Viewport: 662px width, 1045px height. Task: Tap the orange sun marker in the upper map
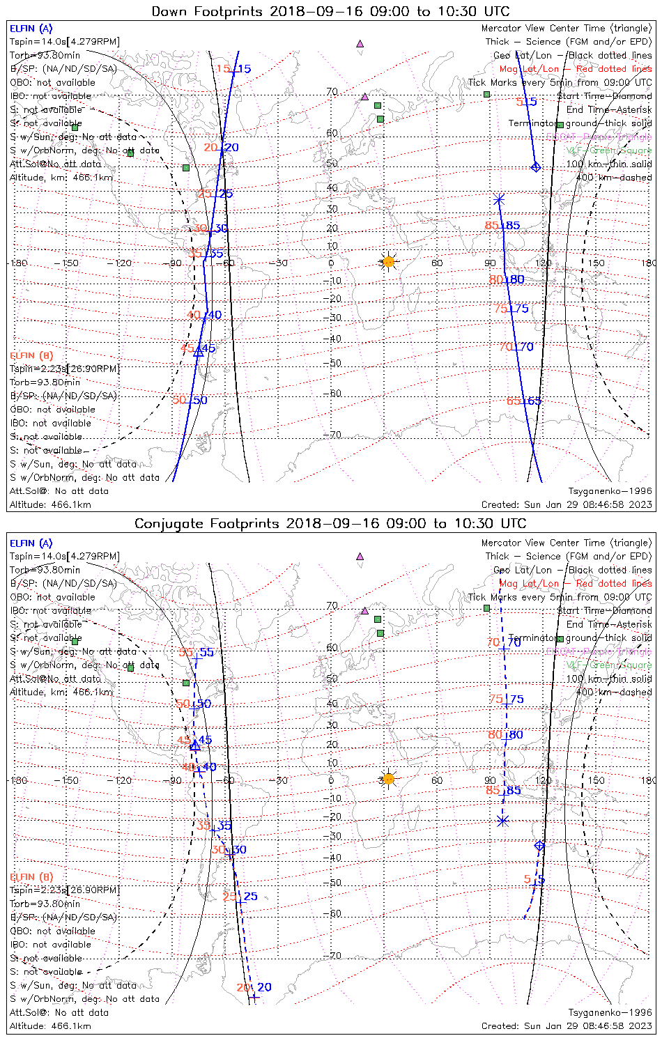pyautogui.click(x=388, y=262)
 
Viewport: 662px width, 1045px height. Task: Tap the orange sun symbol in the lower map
pyautogui.click(x=388, y=779)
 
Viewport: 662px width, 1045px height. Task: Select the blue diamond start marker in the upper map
pyautogui.click(x=536, y=167)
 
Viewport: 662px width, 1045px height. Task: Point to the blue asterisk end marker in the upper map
pyautogui.click(x=499, y=200)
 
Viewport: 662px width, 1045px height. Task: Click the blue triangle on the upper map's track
pyautogui.click(x=198, y=352)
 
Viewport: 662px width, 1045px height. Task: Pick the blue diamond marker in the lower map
pyautogui.click(x=539, y=846)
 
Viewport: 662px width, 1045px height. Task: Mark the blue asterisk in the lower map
pyautogui.click(x=502, y=821)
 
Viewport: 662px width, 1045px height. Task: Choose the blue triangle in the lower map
pyautogui.click(x=195, y=746)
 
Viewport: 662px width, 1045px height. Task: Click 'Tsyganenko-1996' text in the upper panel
pyautogui.click(x=610, y=491)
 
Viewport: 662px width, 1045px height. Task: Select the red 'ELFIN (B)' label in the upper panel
pyautogui.click(x=31, y=356)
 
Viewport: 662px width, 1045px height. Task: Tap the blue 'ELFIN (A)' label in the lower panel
pyautogui.click(x=31, y=543)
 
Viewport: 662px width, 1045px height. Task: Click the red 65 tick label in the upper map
pyautogui.click(x=514, y=401)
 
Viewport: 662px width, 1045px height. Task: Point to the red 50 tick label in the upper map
pyautogui.click(x=179, y=400)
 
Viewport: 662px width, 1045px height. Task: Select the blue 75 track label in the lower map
pyautogui.click(x=517, y=699)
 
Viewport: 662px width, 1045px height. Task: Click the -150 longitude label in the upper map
pyautogui.click(x=70, y=263)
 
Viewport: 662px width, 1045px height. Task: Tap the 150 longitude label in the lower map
pyautogui.click(x=596, y=780)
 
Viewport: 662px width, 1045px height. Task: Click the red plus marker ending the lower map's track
pyautogui.click(x=254, y=998)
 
